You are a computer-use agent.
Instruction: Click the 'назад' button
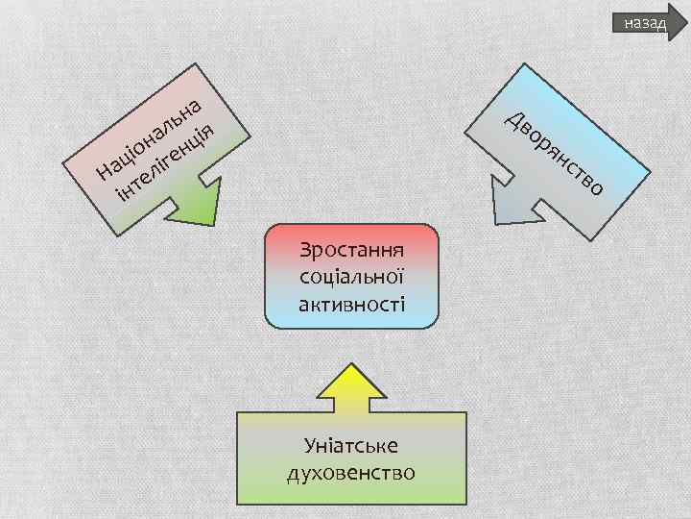[x=644, y=22]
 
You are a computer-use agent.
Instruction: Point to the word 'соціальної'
[x=350, y=279]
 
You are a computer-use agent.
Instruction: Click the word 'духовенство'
[x=350, y=473]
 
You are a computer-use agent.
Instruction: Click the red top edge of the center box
[x=350, y=230]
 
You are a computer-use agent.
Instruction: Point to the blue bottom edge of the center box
[x=350, y=324]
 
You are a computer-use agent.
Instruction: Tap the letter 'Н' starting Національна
[x=105, y=174]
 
